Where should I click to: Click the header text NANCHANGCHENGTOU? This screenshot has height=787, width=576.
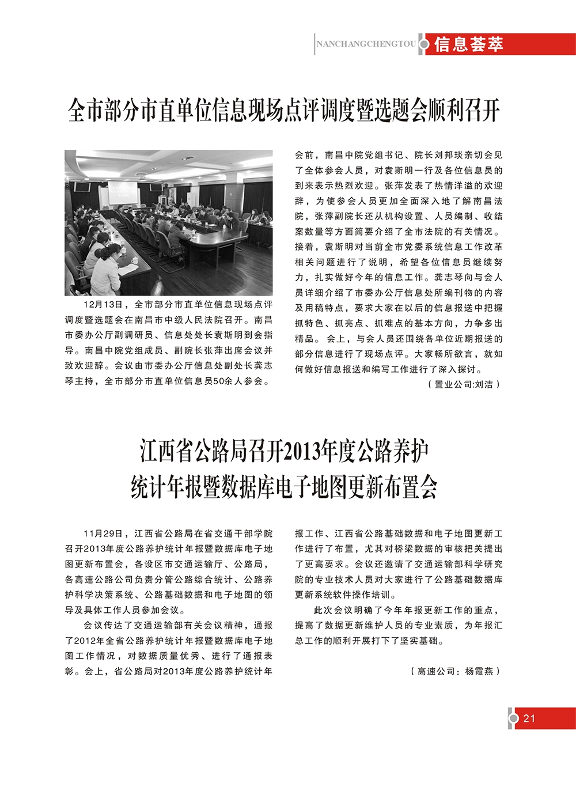(x=366, y=44)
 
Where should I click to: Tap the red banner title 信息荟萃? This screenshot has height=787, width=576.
(x=468, y=44)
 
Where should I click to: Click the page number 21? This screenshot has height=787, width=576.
(x=529, y=718)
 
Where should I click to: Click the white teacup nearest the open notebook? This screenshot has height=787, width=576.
(x=134, y=260)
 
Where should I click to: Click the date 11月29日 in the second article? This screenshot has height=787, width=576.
(x=103, y=534)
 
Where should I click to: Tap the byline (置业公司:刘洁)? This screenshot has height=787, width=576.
(x=464, y=384)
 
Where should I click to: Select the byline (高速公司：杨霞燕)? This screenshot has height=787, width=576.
(x=455, y=671)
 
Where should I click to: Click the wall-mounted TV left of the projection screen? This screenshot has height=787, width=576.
(x=82, y=187)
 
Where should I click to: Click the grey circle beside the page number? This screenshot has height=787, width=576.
(x=513, y=718)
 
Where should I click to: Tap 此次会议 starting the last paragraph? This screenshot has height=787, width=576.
(x=333, y=610)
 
